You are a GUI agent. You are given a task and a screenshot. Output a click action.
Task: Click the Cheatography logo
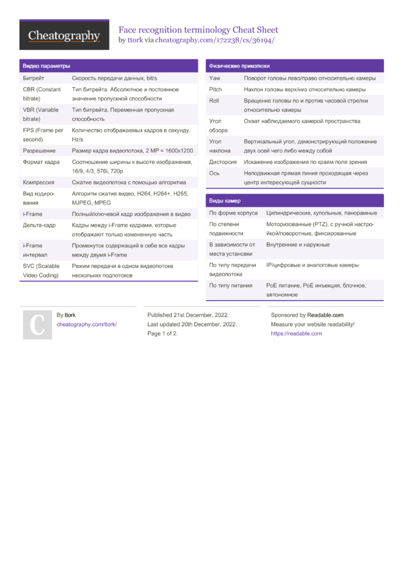tap(64, 35)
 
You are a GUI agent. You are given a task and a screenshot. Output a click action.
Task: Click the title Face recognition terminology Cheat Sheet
tap(198, 30)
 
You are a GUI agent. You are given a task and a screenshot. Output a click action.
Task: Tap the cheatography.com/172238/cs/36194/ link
tap(215, 40)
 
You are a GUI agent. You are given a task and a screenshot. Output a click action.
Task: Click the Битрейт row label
tap(34, 79)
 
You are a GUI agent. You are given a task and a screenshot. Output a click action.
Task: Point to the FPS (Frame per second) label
tap(43, 134)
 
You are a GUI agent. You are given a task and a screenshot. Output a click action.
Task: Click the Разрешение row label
tap(39, 151)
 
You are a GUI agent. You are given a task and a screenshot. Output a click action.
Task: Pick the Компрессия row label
tap(38, 182)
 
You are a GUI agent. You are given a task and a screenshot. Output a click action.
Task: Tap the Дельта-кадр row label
tap(39, 225)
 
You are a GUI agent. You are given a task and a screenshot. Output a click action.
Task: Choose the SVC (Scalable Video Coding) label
tap(42, 271)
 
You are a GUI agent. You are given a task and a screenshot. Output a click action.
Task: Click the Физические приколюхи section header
tap(240, 66)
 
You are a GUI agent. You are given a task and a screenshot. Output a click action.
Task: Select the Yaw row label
tap(215, 79)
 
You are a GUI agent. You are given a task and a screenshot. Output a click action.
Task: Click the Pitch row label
tap(215, 89)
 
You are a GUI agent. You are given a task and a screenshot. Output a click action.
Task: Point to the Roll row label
tap(214, 100)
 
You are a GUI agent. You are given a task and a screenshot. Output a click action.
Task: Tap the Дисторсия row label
tap(223, 162)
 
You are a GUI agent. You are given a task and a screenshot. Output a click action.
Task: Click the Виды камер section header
tap(225, 200)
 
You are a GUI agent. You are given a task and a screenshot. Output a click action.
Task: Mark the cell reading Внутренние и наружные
tap(298, 244)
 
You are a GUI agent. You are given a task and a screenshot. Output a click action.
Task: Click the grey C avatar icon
tap(37, 325)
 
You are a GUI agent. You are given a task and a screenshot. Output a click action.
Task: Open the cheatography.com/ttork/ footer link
tap(86, 325)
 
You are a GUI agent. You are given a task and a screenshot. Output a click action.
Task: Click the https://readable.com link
tap(296, 333)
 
